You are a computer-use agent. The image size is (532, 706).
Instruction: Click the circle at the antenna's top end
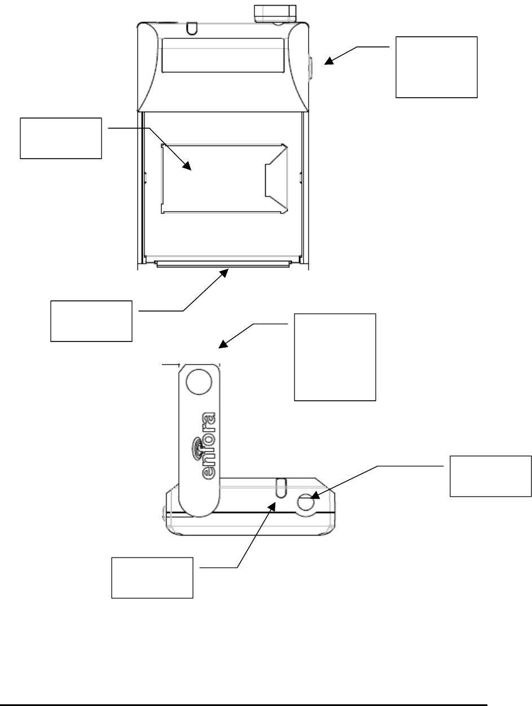click(197, 384)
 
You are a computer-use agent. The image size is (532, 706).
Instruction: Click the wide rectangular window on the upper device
click(222, 55)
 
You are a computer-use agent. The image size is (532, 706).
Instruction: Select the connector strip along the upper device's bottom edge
click(223, 264)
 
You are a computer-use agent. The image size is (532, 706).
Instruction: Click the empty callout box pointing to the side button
click(436, 67)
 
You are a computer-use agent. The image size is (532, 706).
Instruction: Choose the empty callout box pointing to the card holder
click(61, 138)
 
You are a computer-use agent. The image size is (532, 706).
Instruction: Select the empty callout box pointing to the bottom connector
click(91, 321)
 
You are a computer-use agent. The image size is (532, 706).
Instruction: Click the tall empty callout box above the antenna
click(335, 356)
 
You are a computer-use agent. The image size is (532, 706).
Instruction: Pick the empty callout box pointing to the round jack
click(490, 476)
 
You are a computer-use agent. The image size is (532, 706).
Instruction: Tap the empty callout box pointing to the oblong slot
click(152, 569)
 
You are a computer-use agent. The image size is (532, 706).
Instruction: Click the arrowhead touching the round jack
click(315, 495)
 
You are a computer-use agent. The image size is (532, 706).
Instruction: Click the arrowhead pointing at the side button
click(328, 63)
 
